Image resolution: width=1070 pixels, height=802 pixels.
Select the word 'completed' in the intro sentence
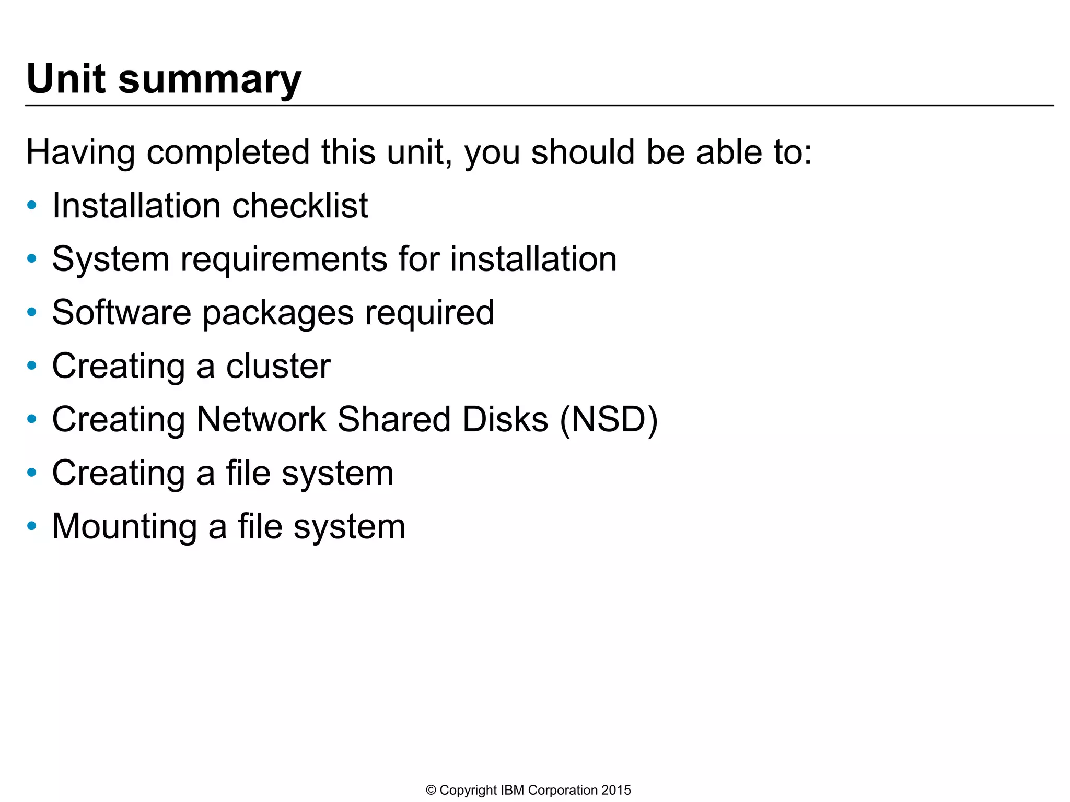tap(228, 153)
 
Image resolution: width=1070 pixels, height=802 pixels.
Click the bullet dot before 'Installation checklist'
tap(32, 205)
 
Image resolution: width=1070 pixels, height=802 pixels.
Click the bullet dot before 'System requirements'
tap(32, 258)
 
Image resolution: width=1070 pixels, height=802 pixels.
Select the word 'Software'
tap(121, 312)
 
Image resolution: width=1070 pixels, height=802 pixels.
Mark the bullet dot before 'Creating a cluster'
tap(32, 365)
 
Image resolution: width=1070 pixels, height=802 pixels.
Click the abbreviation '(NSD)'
tap(609, 420)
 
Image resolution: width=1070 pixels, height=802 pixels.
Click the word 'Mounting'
tap(124, 527)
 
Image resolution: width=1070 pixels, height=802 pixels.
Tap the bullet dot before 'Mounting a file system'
tap(32, 526)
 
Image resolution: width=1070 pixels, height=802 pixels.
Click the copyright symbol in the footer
tap(431, 790)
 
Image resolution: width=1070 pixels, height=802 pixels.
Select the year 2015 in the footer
tap(616, 790)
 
